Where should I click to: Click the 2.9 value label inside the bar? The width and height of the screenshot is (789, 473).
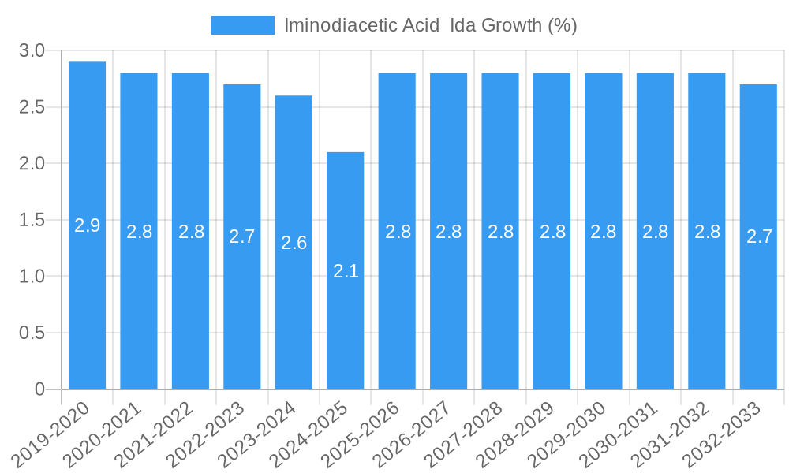tap(87, 225)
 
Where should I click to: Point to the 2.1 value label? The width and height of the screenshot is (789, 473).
tap(346, 271)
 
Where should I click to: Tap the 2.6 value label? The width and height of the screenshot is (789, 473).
tap(294, 243)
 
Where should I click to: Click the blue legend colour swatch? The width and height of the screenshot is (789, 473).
tap(242, 25)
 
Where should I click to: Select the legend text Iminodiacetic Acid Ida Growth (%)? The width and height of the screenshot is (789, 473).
tap(430, 25)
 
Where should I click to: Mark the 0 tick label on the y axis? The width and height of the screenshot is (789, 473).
tap(39, 389)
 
